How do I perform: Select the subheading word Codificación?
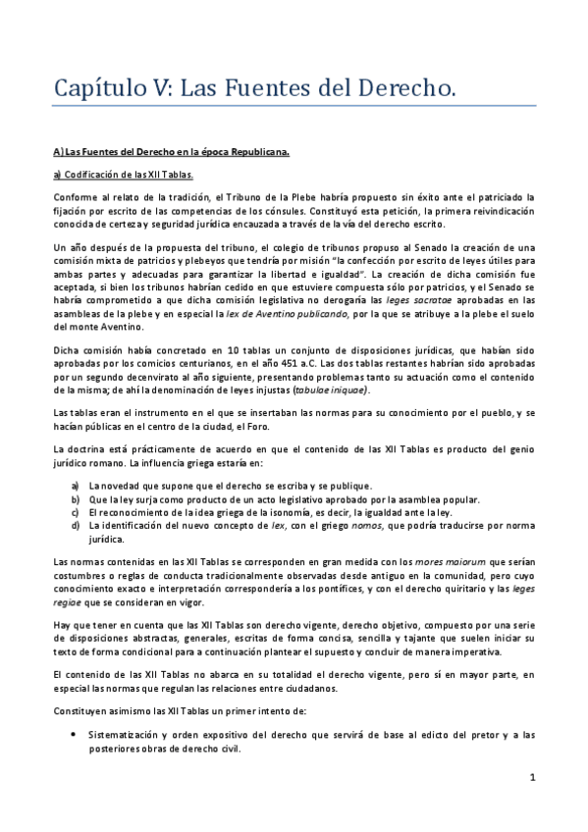click(x=95, y=175)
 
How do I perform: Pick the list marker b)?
click(x=76, y=498)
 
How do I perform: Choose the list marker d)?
click(x=76, y=526)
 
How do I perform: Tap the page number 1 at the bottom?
click(x=531, y=778)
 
